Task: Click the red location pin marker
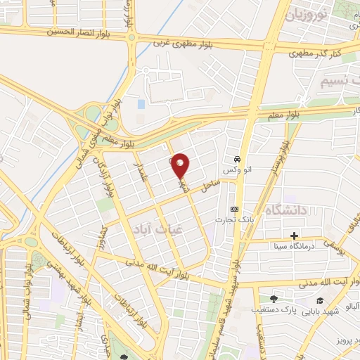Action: click(181, 165)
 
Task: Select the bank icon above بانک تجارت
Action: click(234, 210)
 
